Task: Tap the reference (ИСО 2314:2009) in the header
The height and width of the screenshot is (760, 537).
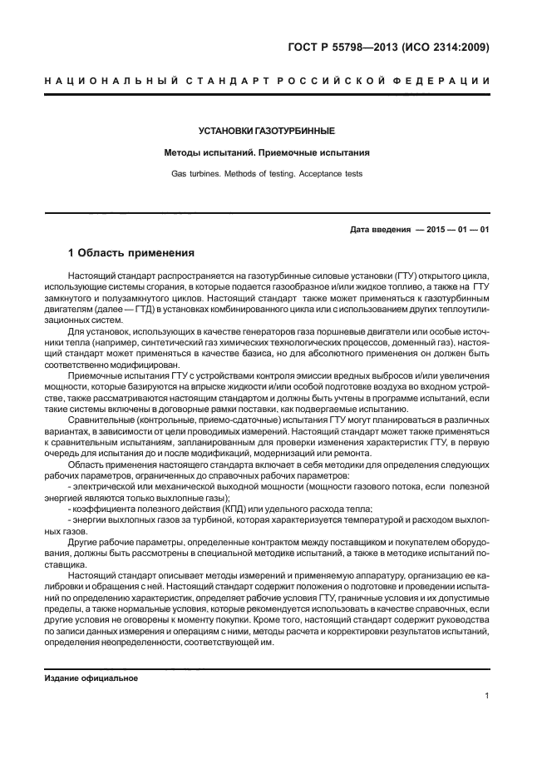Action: [449, 47]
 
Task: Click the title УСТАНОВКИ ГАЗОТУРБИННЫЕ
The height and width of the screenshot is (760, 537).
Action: [266, 132]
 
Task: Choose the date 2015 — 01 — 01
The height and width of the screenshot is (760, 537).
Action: [457, 229]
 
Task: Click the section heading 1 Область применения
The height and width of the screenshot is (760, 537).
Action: [131, 252]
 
